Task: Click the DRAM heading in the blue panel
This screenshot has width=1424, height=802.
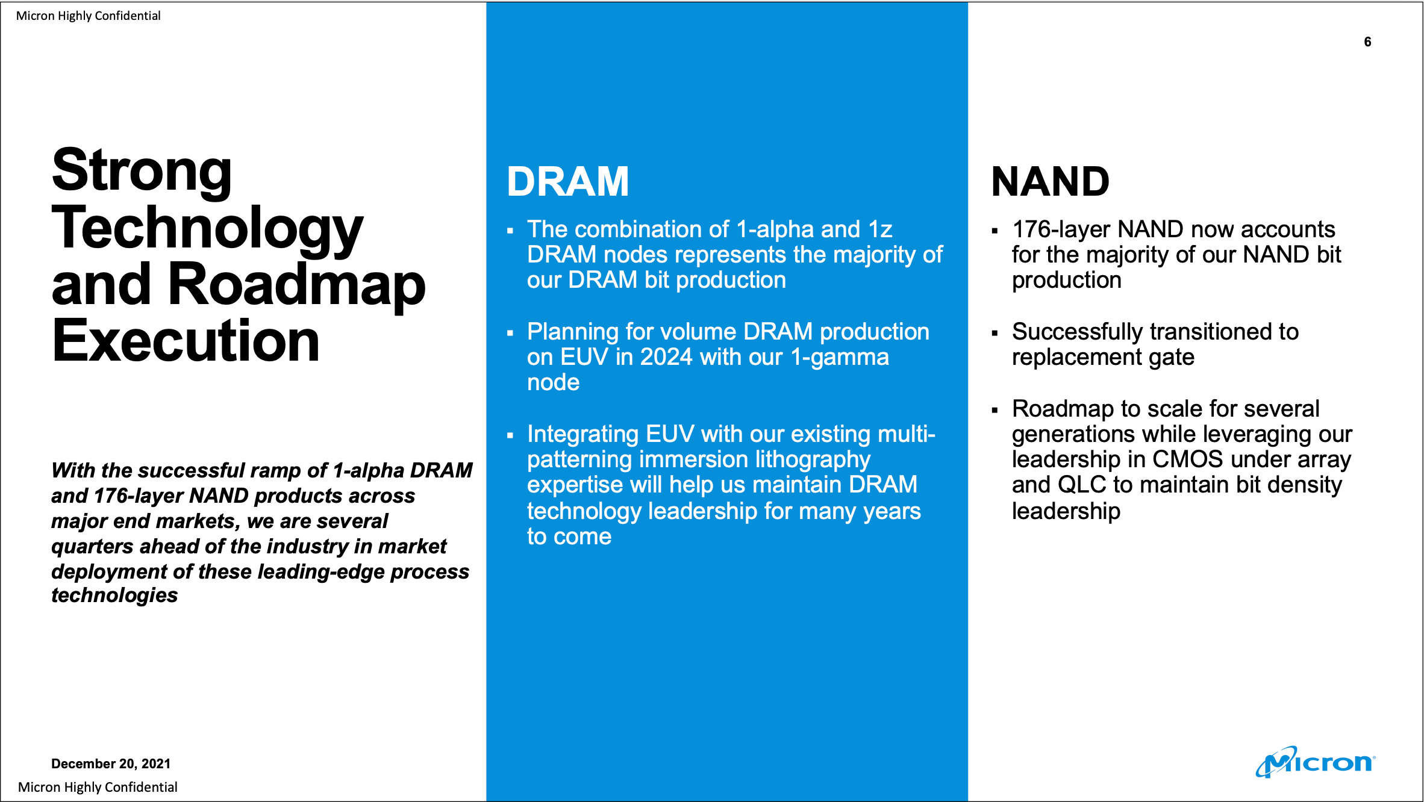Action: [567, 181]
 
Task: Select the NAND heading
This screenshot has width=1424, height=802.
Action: [1050, 181]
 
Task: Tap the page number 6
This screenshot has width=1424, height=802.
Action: [1367, 42]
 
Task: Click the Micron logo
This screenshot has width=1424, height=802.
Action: [1316, 762]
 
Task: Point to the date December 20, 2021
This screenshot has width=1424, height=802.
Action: [111, 763]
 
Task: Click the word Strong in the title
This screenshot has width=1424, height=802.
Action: [142, 171]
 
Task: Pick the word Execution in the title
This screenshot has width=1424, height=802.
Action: [186, 341]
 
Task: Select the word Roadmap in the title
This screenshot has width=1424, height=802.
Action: [296, 284]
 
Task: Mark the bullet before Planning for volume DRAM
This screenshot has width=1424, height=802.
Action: [510, 333]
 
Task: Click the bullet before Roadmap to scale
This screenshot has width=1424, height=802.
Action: [995, 411]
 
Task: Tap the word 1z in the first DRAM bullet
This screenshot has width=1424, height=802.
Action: [880, 229]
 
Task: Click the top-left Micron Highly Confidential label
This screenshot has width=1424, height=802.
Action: [89, 16]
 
